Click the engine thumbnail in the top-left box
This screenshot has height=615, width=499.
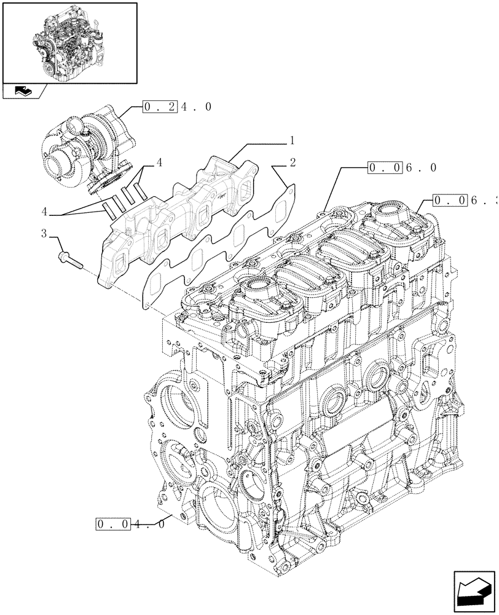[69, 42]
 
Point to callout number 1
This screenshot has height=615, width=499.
[293, 140]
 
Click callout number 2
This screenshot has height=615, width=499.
[293, 163]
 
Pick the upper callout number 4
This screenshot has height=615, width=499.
[159, 163]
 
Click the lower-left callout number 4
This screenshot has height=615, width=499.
[44, 211]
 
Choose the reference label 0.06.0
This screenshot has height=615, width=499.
[403, 167]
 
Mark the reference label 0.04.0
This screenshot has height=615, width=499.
[130, 525]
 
